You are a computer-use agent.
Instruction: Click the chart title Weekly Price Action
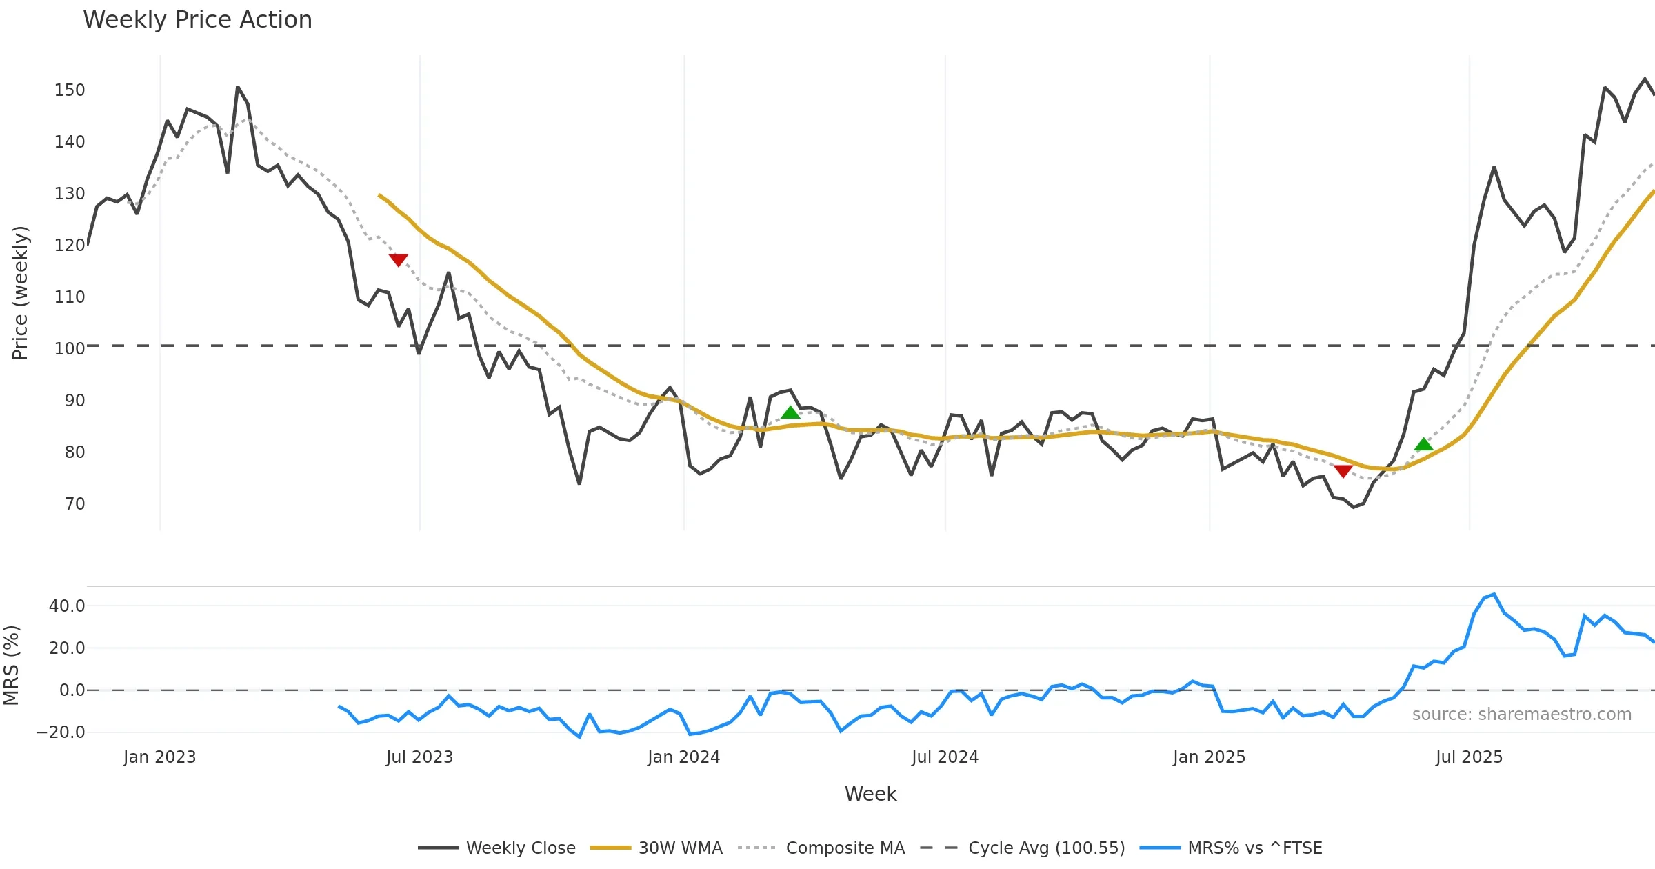[197, 20]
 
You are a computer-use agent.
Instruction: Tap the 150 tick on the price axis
[70, 90]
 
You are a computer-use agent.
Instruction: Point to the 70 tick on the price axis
[74, 504]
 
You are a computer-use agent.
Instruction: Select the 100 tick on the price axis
[70, 349]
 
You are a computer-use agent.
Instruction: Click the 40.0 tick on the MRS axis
[67, 606]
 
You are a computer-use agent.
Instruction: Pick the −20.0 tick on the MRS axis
[61, 732]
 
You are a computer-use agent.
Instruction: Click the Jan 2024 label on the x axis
[683, 757]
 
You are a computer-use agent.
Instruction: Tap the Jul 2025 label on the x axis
[1469, 757]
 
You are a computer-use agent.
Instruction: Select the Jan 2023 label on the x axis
[159, 757]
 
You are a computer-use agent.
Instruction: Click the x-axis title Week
[870, 795]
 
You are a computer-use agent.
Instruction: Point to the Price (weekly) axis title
[20, 293]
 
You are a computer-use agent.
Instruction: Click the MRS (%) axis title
[12, 666]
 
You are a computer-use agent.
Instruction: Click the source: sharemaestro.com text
[1521, 715]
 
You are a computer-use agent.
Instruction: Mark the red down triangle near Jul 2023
[398, 259]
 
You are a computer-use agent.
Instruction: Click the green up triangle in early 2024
[790, 412]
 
